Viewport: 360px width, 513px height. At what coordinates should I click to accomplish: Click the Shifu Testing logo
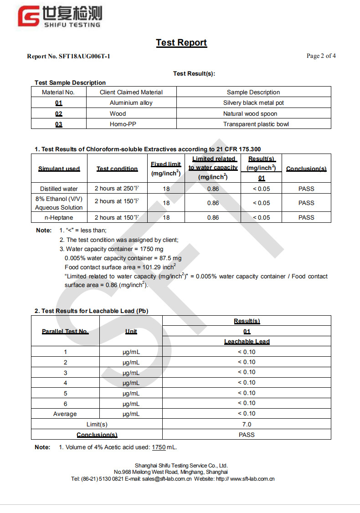(x=59, y=17)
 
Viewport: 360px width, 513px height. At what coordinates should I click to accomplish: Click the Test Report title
(x=181, y=43)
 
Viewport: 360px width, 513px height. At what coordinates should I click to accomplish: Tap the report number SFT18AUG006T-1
(x=68, y=56)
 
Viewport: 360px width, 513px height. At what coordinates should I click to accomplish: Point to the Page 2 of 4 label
(x=321, y=56)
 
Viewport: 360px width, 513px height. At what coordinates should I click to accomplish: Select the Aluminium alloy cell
(x=131, y=103)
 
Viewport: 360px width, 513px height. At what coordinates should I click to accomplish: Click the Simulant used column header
(x=59, y=169)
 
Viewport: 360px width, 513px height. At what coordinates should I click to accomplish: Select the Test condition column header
(x=117, y=169)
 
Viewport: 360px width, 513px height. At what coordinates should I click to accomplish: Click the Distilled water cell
(x=59, y=189)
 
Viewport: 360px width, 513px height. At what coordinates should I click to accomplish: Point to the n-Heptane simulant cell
(x=59, y=218)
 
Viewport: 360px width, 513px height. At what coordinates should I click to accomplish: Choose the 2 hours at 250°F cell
(x=117, y=189)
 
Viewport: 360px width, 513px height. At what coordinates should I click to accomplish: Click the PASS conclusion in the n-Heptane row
(x=306, y=218)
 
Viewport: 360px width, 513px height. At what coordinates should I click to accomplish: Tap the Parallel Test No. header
(x=65, y=332)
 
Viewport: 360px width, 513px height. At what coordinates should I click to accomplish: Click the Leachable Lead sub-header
(x=247, y=342)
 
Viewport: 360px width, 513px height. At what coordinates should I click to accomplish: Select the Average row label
(x=65, y=414)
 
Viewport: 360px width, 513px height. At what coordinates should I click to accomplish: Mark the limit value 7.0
(x=247, y=424)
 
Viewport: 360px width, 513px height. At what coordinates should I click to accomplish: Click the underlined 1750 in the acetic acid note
(x=159, y=447)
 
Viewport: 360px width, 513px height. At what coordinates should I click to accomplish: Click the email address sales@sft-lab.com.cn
(x=167, y=479)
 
